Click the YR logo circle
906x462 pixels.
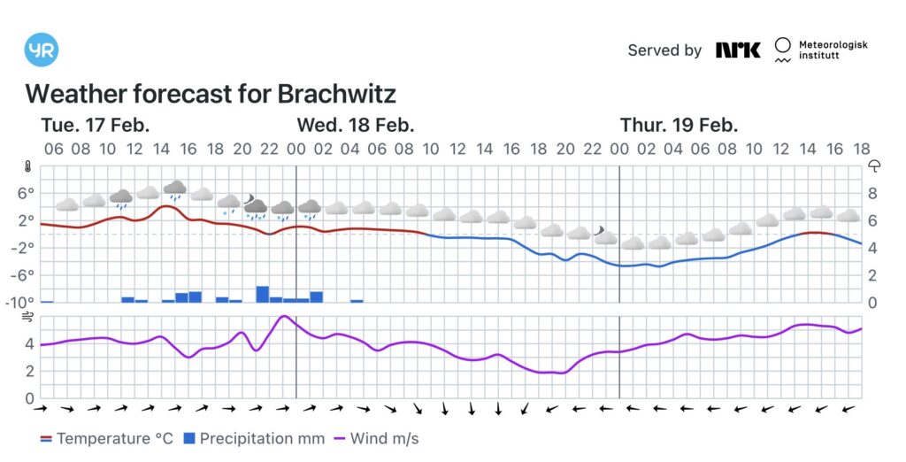(x=42, y=50)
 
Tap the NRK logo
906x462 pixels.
(x=738, y=50)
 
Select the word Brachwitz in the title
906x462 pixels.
(x=336, y=94)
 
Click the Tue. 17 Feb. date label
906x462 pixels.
(x=96, y=125)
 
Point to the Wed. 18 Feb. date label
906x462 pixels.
(x=356, y=125)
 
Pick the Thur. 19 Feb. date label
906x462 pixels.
(x=679, y=125)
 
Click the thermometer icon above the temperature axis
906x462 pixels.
(x=28, y=166)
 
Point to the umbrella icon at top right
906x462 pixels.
(x=875, y=166)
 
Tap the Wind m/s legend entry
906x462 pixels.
(x=375, y=438)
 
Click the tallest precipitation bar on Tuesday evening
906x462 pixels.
(x=263, y=294)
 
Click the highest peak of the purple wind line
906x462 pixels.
(x=284, y=316)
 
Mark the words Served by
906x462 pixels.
(x=664, y=50)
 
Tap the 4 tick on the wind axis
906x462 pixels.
(x=29, y=343)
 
